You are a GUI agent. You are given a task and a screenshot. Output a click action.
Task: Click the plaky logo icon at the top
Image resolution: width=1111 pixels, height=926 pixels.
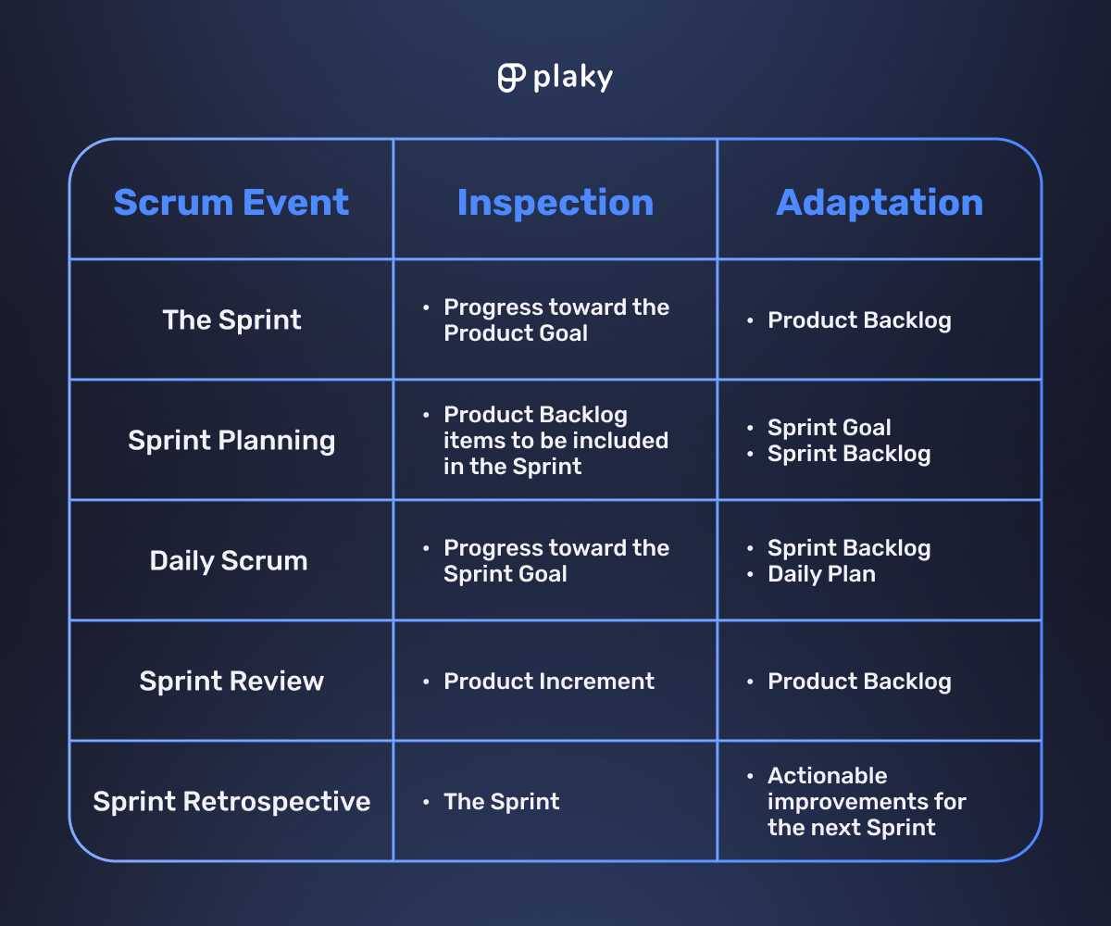pyautogui.click(x=511, y=78)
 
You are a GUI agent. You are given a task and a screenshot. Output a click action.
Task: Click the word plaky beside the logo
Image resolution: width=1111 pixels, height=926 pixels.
pyautogui.click(x=572, y=79)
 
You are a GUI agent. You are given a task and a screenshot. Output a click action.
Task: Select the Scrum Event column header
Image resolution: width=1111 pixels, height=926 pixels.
pyautogui.click(x=231, y=202)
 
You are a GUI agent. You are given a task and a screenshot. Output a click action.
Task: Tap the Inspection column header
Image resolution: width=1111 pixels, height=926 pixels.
pyautogui.click(x=555, y=202)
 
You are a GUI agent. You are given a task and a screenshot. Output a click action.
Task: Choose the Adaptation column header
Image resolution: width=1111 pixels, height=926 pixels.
pyautogui.click(x=880, y=202)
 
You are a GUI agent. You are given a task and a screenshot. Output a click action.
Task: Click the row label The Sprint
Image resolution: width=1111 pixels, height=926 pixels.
pyautogui.click(x=231, y=319)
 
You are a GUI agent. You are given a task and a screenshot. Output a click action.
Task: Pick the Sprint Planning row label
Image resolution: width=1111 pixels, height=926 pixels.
pyautogui.click(x=231, y=440)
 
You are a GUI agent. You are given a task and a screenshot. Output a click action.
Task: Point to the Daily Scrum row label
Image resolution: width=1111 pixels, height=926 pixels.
pyautogui.click(x=229, y=560)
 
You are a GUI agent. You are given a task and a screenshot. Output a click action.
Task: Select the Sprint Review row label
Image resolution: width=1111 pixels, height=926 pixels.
pyautogui.click(x=231, y=681)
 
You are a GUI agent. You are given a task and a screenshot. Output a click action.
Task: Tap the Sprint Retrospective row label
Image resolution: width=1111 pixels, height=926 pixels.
pyautogui.click(x=231, y=801)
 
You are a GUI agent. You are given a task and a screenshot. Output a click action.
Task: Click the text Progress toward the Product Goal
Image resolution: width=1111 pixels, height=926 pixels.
pyautogui.click(x=555, y=319)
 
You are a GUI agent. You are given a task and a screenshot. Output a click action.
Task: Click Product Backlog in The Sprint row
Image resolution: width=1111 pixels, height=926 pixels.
pyautogui.click(x=859, y=320)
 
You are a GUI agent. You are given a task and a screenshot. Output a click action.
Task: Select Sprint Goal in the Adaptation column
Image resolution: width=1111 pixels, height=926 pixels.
pyautogui.click(x=829, y=427)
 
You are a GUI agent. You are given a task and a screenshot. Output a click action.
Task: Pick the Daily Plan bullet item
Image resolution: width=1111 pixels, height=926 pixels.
pyautogui.click(x=821, y=573)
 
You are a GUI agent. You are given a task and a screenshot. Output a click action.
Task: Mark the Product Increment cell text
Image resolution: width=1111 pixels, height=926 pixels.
pyautogui.click(x=549, y=681)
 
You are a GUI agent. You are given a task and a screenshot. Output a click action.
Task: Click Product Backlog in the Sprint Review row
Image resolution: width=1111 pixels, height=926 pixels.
pyautogui.click(x=859, y=682)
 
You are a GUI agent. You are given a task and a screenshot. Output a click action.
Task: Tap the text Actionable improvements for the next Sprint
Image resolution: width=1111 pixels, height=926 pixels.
pyautogui.click(x=866, y=801)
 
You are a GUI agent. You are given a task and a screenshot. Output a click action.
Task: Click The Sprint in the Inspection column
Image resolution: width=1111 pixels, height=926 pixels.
pyautogui.click(x=501, y=801)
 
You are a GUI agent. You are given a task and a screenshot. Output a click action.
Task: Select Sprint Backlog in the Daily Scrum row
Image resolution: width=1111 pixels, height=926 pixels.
pyautogui.click(x=849, y=547)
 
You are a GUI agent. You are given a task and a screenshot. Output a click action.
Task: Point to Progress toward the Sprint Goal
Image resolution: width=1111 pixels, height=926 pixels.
pyautogui.click(x=555, y=560)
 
